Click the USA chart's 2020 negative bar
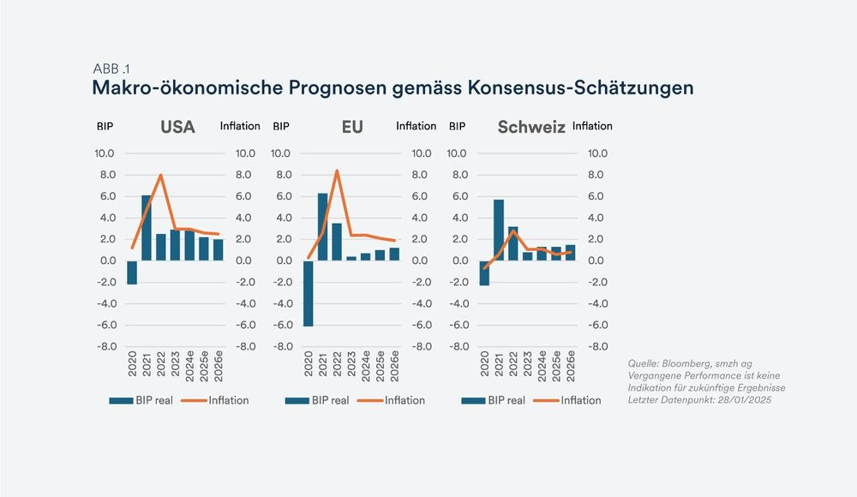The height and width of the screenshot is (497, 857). pyautogui.click(x=132, y=272)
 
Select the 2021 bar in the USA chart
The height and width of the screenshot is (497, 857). pyautogui.click(x=147, y=228)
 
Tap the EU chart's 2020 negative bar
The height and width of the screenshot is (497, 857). pyautogui.click(x=309, y=293)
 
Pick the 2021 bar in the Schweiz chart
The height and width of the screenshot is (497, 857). pyautogui.click(x=498, y=230)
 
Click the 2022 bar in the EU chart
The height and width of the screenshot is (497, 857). pyautogui.click(x=337, y=242)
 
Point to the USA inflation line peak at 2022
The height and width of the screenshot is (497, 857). pyautogui.click(x=161, y=175)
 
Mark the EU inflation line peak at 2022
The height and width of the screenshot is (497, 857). pyautogui.click(x=337, y=171)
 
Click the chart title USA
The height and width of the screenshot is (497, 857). pyautogui.click(x=177, y=128)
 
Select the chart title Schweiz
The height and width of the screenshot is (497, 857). pyautogui.click(x=530, y=128)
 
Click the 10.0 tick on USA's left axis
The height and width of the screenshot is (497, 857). pyautogui.click(x=105, y=153)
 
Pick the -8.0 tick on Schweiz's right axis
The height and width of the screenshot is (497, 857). pyautogui.click(x=596, y=346)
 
